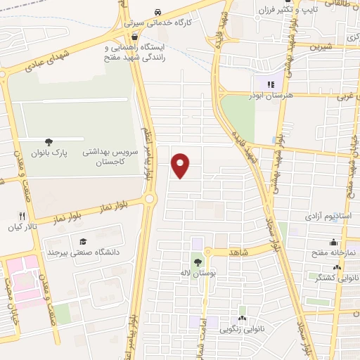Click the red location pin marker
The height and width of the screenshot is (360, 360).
click(181, 165)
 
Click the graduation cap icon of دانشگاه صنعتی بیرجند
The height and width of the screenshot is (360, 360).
click(84, 240)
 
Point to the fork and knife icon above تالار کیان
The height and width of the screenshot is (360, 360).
click(22, 217)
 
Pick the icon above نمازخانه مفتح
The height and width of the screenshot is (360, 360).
click(333, 241)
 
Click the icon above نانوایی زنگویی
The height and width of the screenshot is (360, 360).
click(243, 310)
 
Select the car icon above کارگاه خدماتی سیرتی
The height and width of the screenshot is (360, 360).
click(158, 12)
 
